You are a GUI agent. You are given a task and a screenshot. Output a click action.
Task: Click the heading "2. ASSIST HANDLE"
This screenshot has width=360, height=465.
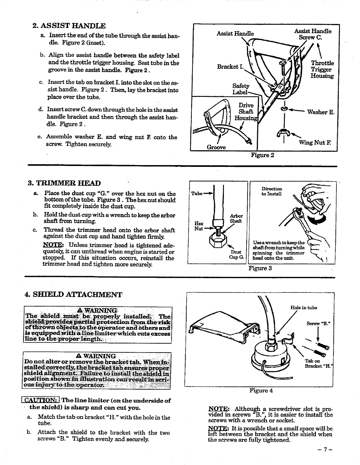(x=68, y=26)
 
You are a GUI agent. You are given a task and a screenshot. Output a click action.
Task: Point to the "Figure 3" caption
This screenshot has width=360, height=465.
(x=260, y=268)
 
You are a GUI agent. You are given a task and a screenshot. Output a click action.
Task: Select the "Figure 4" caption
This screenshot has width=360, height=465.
(x=261, y=391)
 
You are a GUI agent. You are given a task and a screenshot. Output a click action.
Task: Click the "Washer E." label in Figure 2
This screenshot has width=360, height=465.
(x=321, y=112)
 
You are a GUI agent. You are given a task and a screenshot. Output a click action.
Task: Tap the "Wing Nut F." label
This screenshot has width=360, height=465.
(x=315, y=143)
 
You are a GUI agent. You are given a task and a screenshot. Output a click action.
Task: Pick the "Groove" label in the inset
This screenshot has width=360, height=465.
(x=217, y=147)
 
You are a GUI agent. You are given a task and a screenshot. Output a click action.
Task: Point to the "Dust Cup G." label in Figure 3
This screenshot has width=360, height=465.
(x=237, y=255)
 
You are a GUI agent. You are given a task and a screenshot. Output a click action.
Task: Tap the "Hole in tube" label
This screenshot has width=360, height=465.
(x=303, y=308)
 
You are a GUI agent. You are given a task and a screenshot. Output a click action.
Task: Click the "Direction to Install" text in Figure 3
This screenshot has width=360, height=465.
(x=272, y=191)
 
